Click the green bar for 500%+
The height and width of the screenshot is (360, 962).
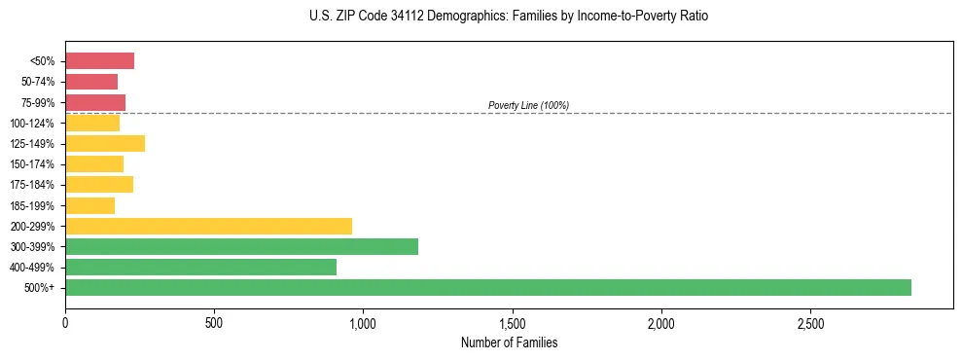tap(487, 287)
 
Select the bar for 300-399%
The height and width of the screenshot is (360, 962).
tap(241, 246)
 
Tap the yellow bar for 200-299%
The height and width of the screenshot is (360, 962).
tap(208, 226)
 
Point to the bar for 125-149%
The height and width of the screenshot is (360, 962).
tap(105, 143)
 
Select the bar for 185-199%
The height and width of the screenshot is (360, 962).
tap(89, 205)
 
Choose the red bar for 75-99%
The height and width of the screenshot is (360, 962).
tap(95, 102)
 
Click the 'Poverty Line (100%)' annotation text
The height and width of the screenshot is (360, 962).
tap(528, 105)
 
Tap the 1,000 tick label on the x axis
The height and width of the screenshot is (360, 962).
tap(363, 323)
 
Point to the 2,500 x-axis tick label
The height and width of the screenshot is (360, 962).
tap(809, 323)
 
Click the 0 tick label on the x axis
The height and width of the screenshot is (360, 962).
tap(65, 323)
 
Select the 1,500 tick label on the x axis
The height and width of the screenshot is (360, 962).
tap(512, 323)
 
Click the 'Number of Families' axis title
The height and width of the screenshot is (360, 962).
tap(509, 342)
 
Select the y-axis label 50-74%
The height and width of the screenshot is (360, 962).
tap(38, 82)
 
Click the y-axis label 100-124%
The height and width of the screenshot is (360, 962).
tap(34, 124)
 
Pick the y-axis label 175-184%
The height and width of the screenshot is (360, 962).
tap(34, 185)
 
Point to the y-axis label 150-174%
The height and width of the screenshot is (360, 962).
tap(34, 164)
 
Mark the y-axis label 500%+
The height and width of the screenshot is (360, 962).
tap(41, 288)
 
